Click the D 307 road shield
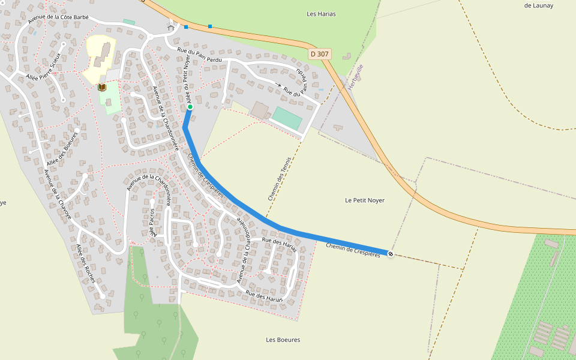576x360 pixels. (x=320, y=54)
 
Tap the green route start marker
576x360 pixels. (x=190, y=108)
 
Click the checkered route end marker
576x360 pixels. (x=391, y=254)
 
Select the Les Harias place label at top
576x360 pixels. (x=321, y=14)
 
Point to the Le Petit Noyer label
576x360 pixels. (x=365, y=200)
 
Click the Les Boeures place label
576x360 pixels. (x=283, y=340)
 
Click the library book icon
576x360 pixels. (x=102, y=88)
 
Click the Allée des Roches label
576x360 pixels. (x=86, y=263)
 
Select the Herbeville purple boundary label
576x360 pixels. (x=356, y=77)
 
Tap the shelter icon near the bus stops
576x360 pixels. (x=171, y=27)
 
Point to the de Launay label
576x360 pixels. (x=538, y=5)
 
